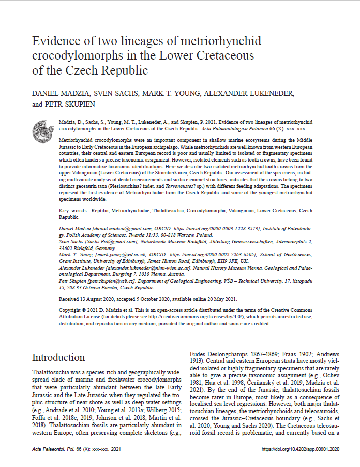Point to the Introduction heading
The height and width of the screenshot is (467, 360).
(x=58, y=357)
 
